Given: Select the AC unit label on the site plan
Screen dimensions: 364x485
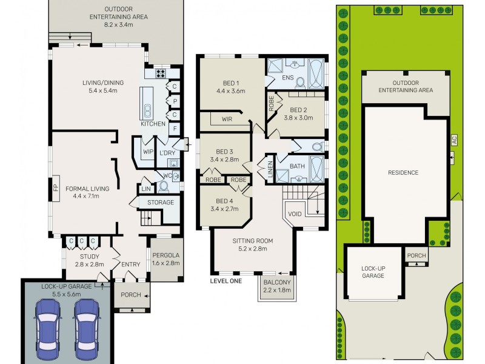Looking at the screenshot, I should [453, 140].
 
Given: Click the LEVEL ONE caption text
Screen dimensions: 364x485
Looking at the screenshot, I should [226, 280].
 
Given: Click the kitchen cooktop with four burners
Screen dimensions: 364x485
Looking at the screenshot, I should [162, 73].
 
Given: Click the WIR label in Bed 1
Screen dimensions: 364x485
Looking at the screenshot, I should [227, 120].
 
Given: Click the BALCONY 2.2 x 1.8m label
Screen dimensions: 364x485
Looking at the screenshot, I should [277, 286].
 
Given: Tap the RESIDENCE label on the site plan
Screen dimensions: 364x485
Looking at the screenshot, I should [403, 172].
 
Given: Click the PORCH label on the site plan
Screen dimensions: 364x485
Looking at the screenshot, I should [416, 255].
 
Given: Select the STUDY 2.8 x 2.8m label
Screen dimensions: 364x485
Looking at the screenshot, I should [89, 260].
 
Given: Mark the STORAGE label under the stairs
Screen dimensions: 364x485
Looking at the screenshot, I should [161, 202].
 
